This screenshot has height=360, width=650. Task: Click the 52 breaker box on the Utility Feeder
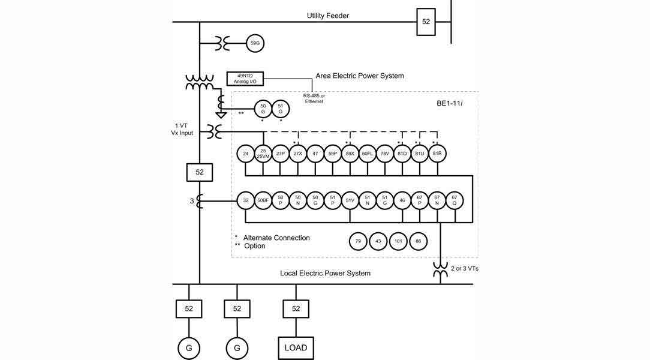[x=426, y=22]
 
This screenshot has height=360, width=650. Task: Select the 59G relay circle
[x=255, y=43]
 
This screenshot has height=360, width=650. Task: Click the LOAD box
[x=296, y=347]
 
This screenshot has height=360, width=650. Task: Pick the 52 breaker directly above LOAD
[x=296, y=308]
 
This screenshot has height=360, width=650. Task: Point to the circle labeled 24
[x=245, y=154]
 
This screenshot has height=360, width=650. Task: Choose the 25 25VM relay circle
[x=263, y=154]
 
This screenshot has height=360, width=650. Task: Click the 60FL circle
[x=368, y=154]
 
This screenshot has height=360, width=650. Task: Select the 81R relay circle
[x=438, y=154]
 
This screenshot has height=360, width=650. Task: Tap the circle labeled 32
[x=245, y=200]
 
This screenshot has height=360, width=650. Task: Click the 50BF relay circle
[x=263, y=200]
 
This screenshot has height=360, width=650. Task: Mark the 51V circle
[x=350, y=200]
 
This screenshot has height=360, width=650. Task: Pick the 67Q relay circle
[x=455, y=200]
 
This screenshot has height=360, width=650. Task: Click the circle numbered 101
[x=398, y=241]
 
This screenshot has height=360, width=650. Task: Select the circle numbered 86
[x=419, y=241]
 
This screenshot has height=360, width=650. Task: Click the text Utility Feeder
[x=328, y=16]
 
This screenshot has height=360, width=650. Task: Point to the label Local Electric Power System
[x=325, y=273]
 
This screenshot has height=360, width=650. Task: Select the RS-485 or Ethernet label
[x=314, y=98]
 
